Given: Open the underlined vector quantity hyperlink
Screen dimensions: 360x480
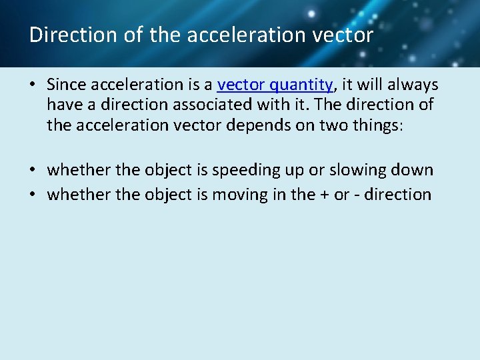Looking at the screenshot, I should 275,85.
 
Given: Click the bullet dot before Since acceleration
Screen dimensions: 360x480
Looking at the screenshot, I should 33,85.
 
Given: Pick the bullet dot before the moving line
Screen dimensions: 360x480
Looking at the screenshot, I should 33,195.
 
